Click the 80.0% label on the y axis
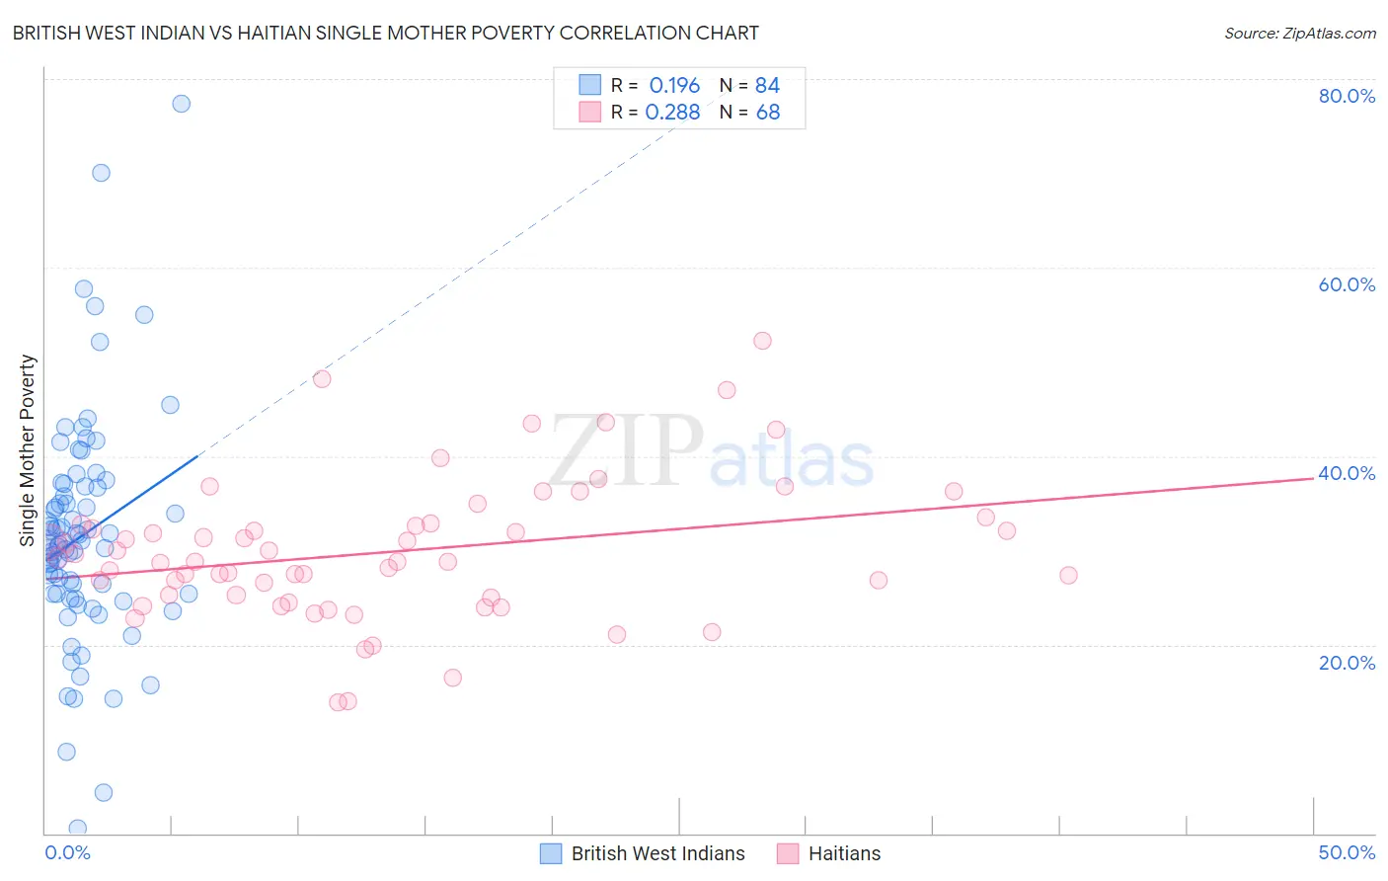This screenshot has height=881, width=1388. [1347, 96]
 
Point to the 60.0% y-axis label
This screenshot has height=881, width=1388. [1347, 284]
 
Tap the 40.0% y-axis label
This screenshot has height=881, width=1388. [1347, 473]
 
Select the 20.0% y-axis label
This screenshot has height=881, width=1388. [1347, 663]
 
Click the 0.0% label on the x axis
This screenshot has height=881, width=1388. [67, 852]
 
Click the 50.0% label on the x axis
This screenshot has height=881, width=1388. [1347, 852]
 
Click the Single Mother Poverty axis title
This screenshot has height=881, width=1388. [28, 450]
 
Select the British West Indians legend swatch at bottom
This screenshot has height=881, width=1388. [551, 853]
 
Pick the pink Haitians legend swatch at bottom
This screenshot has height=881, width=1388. [788, 853]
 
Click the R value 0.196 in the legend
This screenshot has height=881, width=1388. [674, 85]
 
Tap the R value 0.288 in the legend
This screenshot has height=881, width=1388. [672, 113]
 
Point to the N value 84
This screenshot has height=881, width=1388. [767, 85]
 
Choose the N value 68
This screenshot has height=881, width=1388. [767, 113]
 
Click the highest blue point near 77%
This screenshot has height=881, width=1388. [182, 104]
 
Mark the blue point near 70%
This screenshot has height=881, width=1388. [101, 173]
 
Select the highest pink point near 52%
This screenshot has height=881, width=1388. [762, 341]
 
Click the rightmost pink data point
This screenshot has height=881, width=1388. [1068, 576]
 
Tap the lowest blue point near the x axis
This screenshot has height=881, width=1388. [78, 828]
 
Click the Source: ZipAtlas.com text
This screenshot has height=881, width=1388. [1299, 34]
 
